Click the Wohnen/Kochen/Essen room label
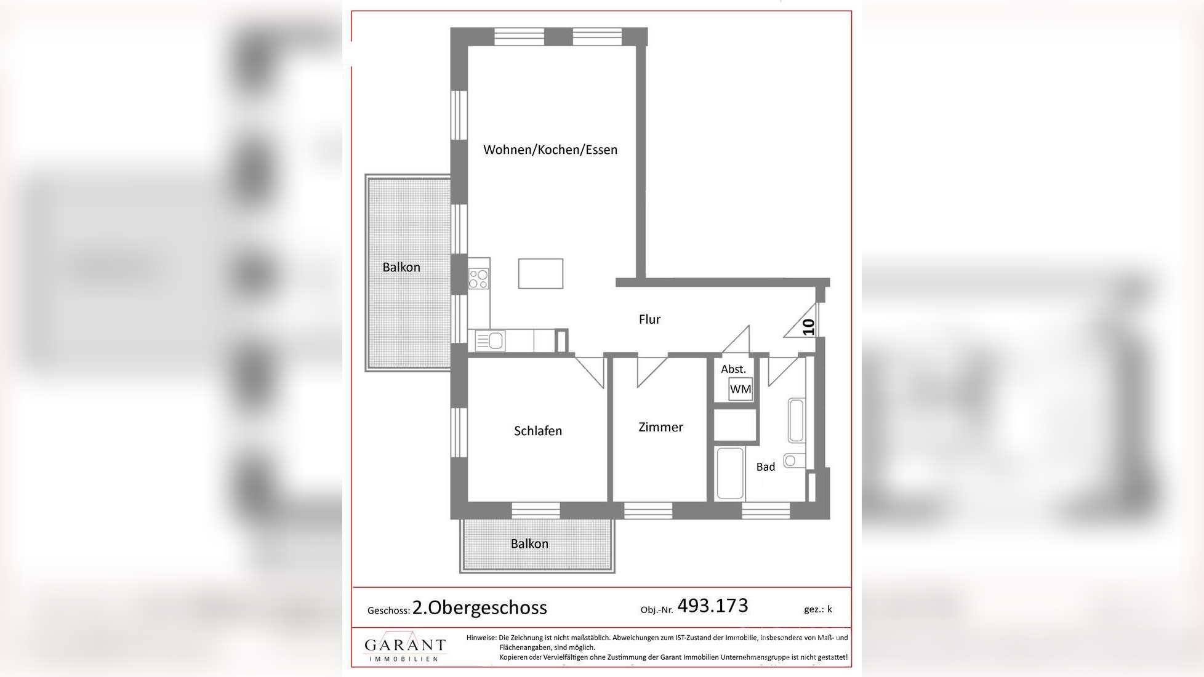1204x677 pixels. tap(550, 150)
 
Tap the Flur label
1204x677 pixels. tap(649, 319)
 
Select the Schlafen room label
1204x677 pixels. tap(538, 431)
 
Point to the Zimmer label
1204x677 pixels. tap(660, 427)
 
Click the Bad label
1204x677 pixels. tap(766, 467)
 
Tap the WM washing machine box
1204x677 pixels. tap(740, 389)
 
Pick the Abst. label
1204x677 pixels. tap(733, 369)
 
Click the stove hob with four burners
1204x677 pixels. tap(479, 279)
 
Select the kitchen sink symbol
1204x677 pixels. tap(490, 341)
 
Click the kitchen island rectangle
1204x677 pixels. tap(540, 273)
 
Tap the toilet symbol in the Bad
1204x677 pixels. tap(794, 460)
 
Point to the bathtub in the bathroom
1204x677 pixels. tap(730, 473)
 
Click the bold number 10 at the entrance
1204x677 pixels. tap(809, 327)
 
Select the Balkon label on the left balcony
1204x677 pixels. tap(401, 267)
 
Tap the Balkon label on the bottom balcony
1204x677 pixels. tap(529, 543)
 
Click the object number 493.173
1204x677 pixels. tap(713, 606)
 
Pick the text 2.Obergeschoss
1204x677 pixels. tap(480, 607)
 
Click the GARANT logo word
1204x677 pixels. tap(405, 644)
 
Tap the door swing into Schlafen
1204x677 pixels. tap(590, 371)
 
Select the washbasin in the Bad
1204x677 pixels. tap(796, 420)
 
